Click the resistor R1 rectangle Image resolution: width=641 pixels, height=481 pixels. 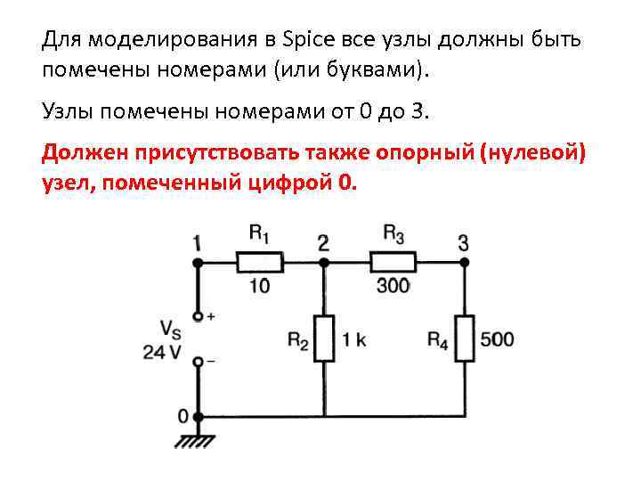point(260,262)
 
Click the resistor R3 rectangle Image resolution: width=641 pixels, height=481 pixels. point(393,262)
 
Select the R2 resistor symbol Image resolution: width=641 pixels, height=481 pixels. point(323,338)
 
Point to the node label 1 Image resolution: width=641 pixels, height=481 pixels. point(197,241)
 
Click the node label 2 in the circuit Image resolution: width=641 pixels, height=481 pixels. point(322,241)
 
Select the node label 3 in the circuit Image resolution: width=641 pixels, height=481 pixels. point(463,241)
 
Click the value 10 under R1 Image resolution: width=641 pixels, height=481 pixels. point(259,286)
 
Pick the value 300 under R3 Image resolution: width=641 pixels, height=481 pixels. point(392,286)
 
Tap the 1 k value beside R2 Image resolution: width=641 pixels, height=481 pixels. point(353,338)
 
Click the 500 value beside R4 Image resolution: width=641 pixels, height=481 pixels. point(496,338)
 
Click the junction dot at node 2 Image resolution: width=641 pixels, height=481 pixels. point(323,262)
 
